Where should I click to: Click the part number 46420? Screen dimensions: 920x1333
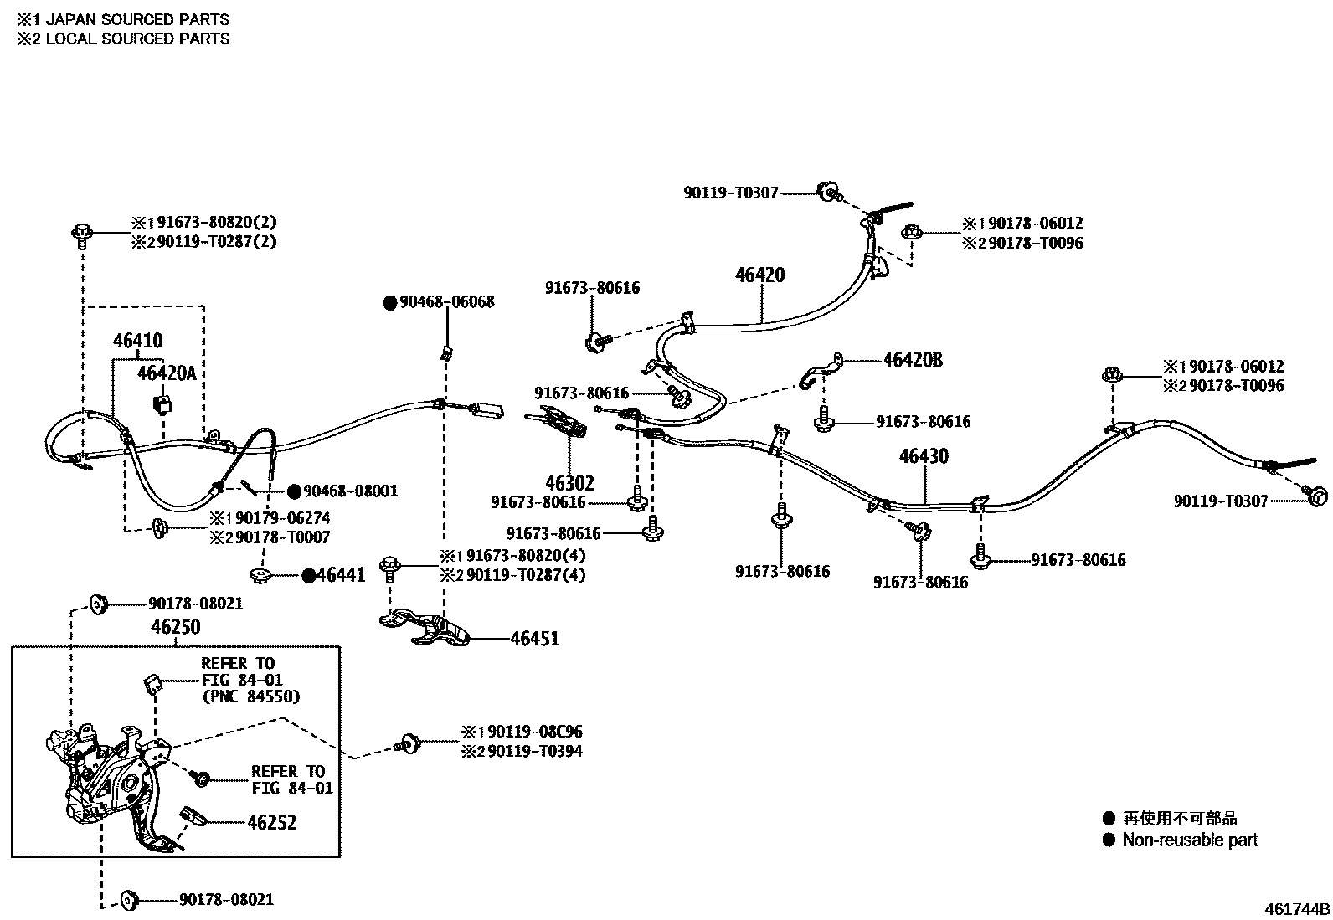[x=760, y=275]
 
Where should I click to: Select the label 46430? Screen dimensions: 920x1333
[x=924, y=456]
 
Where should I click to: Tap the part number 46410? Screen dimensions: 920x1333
[x=138, y=341]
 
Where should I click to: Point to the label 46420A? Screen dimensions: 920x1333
[x=167, y=373]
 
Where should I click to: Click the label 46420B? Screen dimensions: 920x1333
[x=913, y=360]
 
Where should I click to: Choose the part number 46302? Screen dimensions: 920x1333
[x=569, y=483]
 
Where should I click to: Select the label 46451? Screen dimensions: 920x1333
[x=535, y=639]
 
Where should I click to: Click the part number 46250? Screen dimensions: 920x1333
[x=176, y=627]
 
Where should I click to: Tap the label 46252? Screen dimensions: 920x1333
[x=271, y=823]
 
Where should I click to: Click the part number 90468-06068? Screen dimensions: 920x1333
[x=446, y=302]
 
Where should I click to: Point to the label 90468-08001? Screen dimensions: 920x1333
[x=350, y=491]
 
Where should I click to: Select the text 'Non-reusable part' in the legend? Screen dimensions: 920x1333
[x=1189, y=840]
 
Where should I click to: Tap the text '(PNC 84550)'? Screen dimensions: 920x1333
[x=250, y=696]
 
